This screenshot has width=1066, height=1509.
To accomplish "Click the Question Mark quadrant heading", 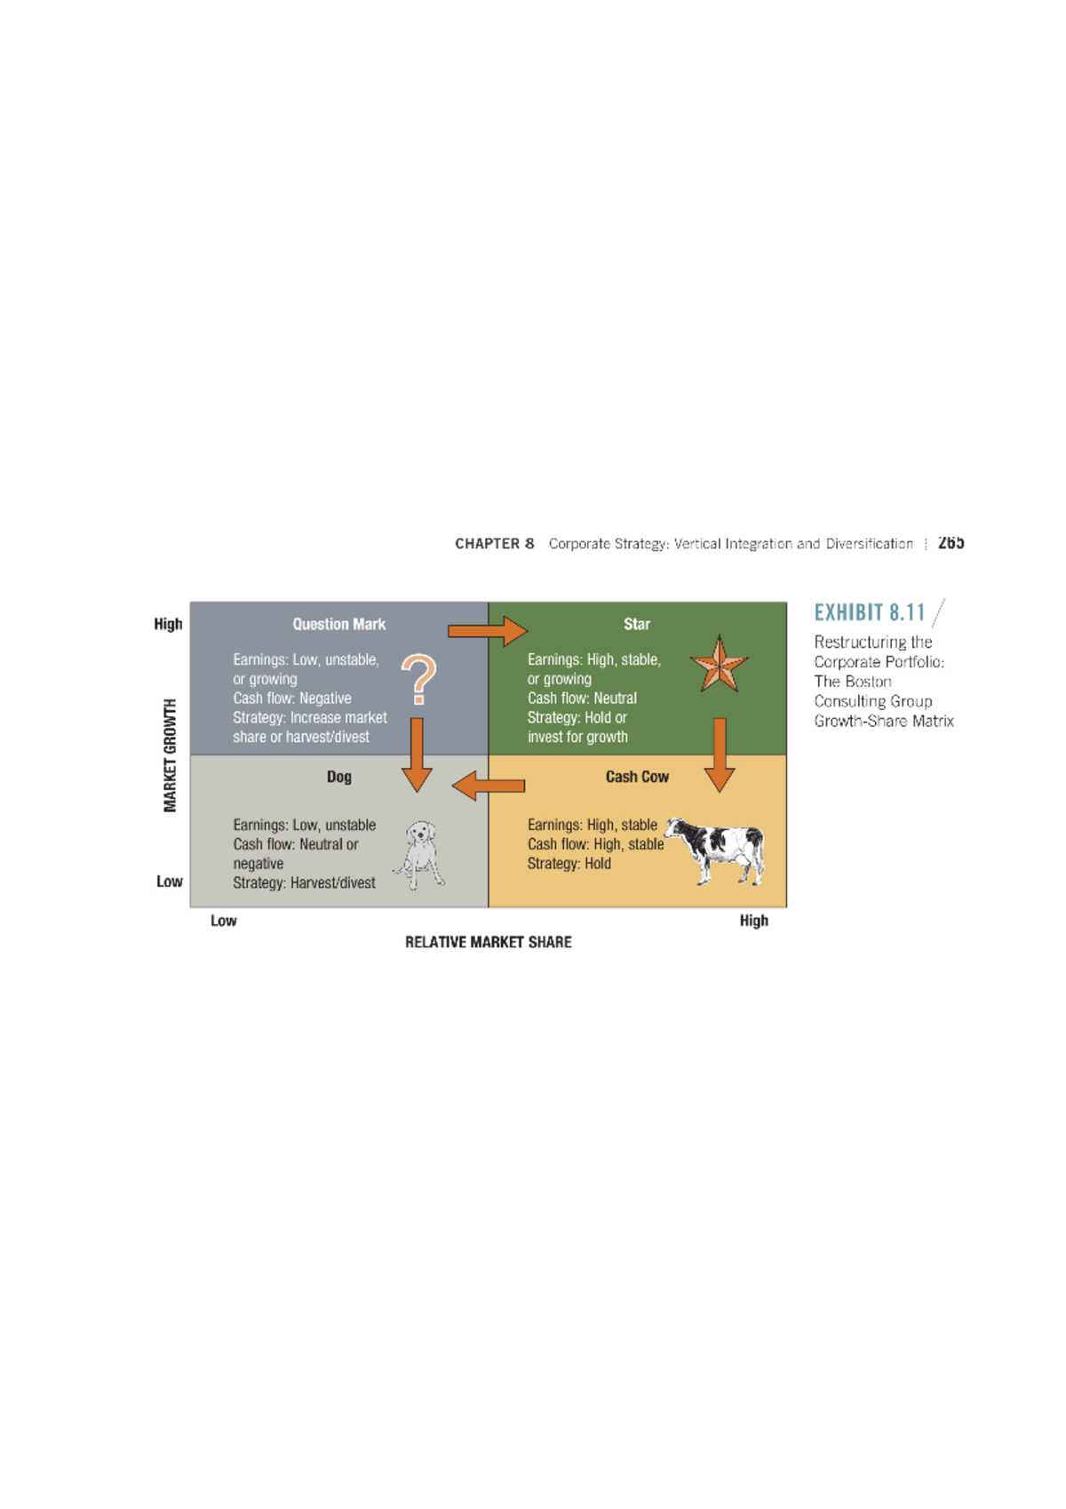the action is click(338, 625).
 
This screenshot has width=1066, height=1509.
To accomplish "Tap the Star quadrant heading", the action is click(636, 625).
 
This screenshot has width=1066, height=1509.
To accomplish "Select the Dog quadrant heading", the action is click(338, 777).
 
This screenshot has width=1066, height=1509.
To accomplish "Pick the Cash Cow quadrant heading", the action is click(636, 777).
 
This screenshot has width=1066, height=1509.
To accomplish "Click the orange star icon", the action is click(719, 664).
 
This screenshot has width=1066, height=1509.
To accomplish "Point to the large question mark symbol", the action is click(419, 679).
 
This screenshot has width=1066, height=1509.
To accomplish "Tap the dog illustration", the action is click(419, 855).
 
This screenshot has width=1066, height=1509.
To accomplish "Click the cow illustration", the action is click(715, 850).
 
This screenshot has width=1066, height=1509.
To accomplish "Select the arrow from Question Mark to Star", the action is click(488, 631).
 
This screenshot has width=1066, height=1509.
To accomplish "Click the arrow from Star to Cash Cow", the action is click(720, 755).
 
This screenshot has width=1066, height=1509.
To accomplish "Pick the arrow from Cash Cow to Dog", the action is click(489, 786).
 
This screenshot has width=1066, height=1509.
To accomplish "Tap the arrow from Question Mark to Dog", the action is click(417, 755).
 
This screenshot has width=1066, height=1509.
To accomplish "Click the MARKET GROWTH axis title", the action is click(170, 755).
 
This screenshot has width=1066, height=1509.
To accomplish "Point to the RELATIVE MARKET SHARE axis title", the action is click(489, 942).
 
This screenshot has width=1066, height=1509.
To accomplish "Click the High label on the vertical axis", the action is click(169, 625).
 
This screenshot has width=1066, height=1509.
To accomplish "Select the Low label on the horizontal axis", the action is click(224, 921).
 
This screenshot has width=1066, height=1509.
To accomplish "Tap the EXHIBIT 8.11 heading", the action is click(870, 612).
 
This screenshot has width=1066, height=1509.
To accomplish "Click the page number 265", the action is click(951, 542).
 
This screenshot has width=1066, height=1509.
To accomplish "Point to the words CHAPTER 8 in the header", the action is click(494, 544).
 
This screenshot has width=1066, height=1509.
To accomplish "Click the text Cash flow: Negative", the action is click(292, 699).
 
